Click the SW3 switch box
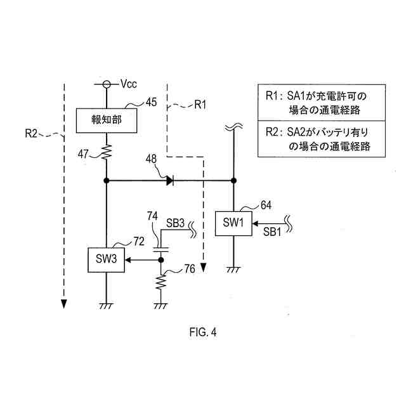point(106,259)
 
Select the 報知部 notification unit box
point(106,121)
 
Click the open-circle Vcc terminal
point(106,83)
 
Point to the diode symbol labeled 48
point(170,181)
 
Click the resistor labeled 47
point(106,152)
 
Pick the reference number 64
point(267,205)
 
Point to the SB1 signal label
point(272,233)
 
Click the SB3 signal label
point(176,223)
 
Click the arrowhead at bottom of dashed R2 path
point(64,303)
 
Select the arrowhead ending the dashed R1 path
point(204,267)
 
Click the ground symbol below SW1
point(233,270)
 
